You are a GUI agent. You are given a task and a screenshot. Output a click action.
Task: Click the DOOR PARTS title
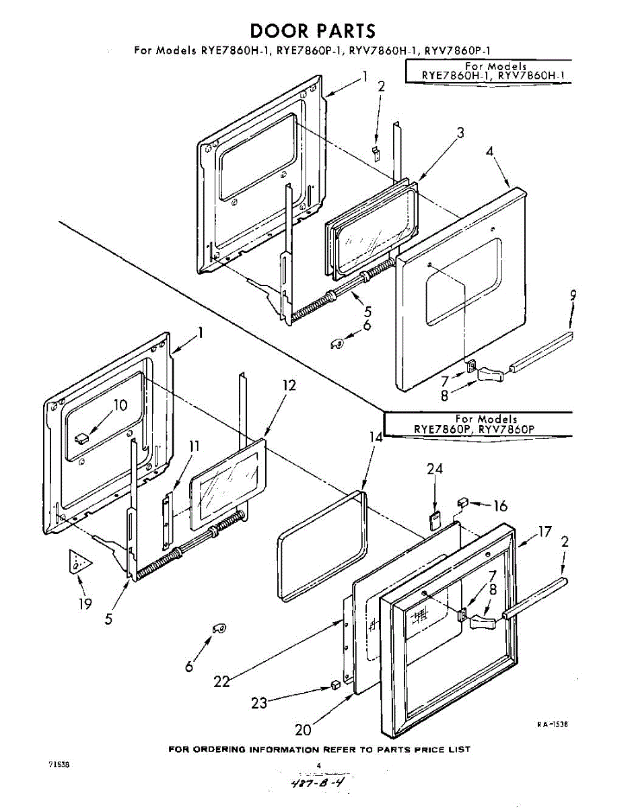312,31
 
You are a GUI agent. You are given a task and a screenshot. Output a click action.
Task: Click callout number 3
460,133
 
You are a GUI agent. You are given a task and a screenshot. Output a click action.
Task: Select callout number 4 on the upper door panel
490,151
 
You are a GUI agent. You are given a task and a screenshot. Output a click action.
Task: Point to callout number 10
120,405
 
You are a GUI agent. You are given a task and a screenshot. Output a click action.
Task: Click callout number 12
289,386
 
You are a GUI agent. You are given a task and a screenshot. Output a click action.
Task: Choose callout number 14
375,437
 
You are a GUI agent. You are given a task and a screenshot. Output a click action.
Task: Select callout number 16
500,506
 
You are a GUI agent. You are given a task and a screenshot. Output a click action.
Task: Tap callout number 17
544,533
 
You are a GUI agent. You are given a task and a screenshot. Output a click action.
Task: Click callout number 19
84,603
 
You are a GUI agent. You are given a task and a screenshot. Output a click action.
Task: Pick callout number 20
304,730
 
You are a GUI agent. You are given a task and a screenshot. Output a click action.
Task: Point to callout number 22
221,681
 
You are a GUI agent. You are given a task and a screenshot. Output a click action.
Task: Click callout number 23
259,703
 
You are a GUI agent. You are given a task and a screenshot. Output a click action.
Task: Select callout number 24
435,470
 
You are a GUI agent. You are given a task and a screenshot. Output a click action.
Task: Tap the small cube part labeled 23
334,685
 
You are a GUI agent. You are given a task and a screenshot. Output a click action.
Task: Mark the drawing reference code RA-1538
553,725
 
